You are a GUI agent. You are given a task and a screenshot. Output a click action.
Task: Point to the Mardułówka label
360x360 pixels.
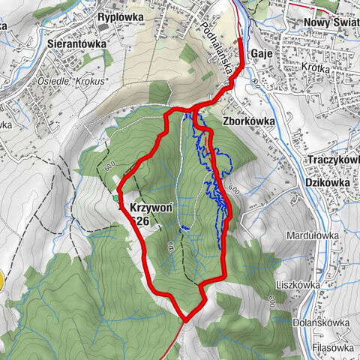point(312,235)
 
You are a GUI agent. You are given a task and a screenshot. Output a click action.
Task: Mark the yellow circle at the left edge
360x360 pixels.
point(1,282)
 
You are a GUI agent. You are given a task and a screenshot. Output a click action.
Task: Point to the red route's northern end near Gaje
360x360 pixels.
point(240,39)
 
